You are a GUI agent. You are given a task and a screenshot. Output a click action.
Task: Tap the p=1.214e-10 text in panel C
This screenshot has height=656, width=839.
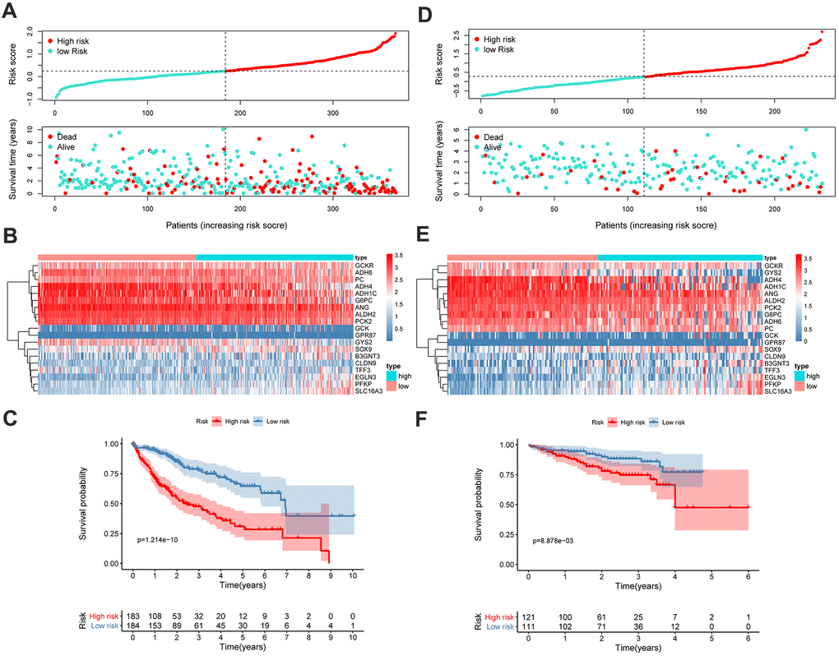[167, 540]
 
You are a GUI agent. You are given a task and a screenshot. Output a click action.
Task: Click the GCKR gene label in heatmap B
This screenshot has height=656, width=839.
[365, 266]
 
